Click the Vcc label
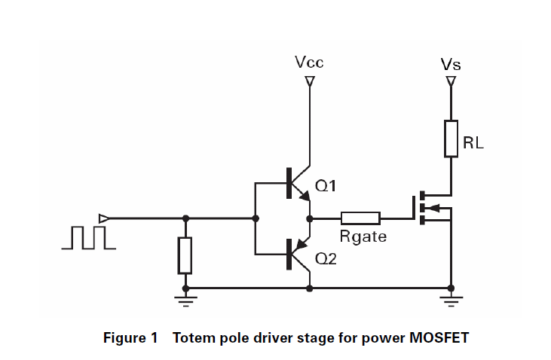click(x=309, y=63)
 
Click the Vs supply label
click(x=451, y=65)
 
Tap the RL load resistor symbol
click(x=451, y=138)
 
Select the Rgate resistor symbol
click(x=360, y=218)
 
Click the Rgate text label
click(x=363, y=237)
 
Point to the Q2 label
click(x=326, y=259)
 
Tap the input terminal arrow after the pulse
click(x=104, y=218)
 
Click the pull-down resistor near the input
click(x=185, y=255)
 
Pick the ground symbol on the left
click(x=185, y=298)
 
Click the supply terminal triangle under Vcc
click(x=309, y=81)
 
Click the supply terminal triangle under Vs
click(x=451, y=81)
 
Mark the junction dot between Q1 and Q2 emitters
click(x=309, y=218)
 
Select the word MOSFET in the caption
click(x=439, y=337)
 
